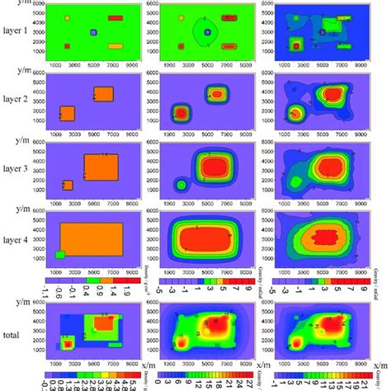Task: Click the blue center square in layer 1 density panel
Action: [93, 33]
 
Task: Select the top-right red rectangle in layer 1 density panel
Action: [115, 17]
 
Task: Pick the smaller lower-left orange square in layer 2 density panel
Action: [68, 114]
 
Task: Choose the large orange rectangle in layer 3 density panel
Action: [104, 167]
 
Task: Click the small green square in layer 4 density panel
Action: [59, 254]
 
